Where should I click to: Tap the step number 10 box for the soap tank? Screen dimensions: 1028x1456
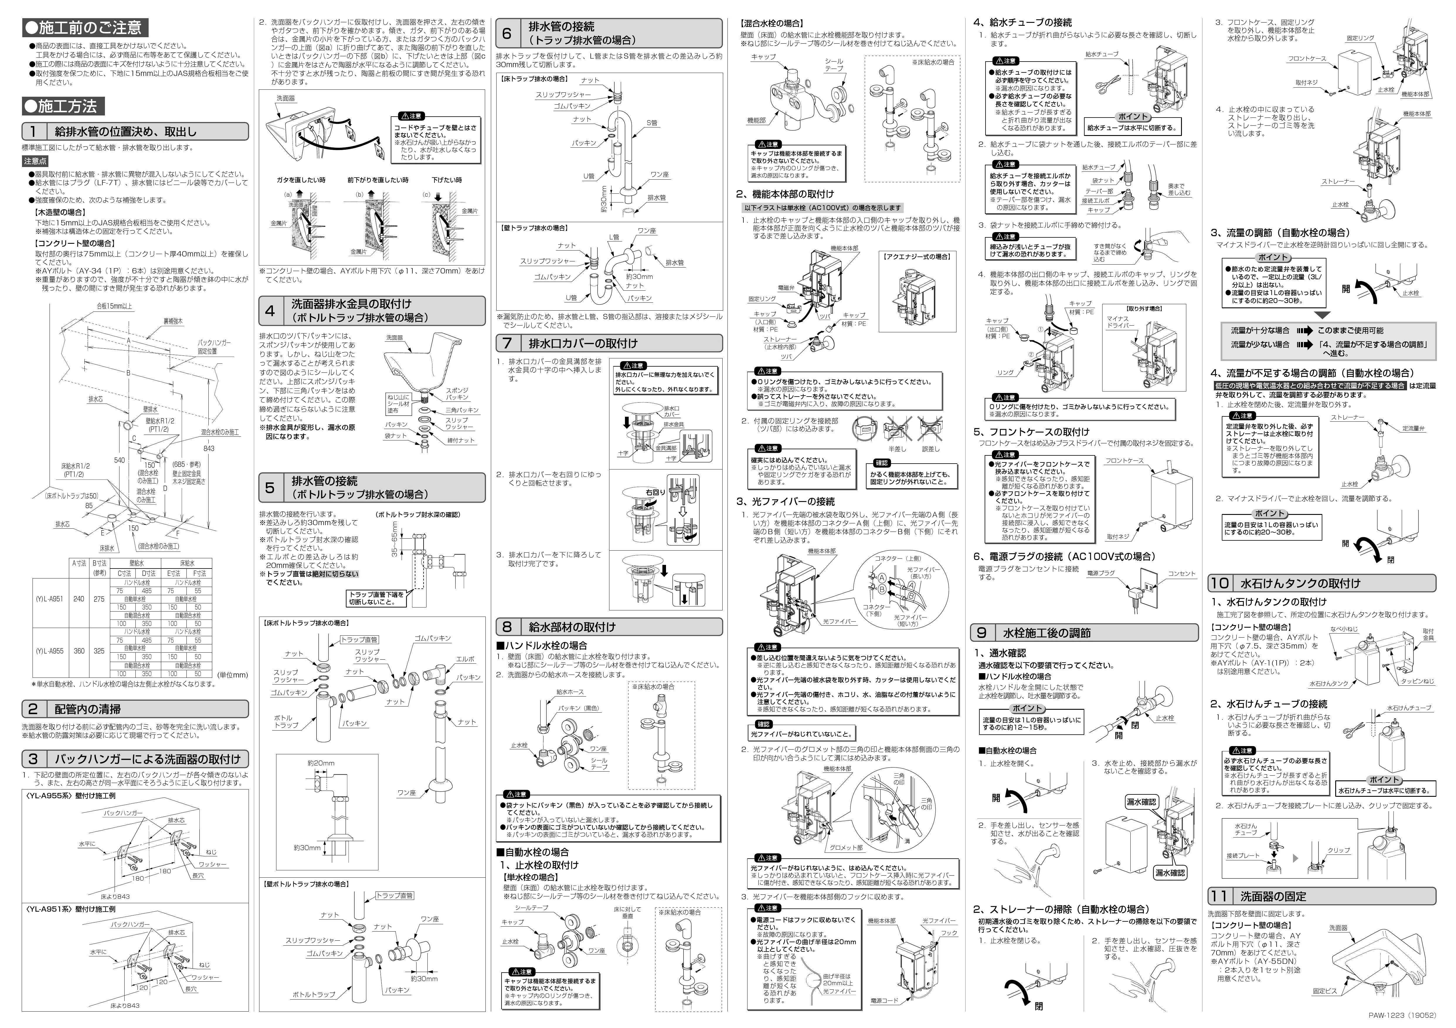[x=1219, y=583]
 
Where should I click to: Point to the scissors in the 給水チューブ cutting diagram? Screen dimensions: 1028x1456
[x=1107, y=83]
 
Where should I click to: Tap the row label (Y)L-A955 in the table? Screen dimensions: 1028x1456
[x=50, y=651]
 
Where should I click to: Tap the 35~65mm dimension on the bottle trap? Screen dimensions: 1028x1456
[x=395, y=539]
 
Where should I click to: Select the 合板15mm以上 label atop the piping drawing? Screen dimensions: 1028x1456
[x=114, y=306]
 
